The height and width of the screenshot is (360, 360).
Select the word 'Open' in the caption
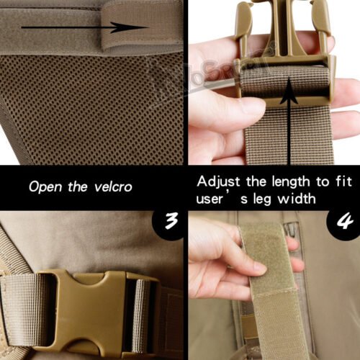45,186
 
